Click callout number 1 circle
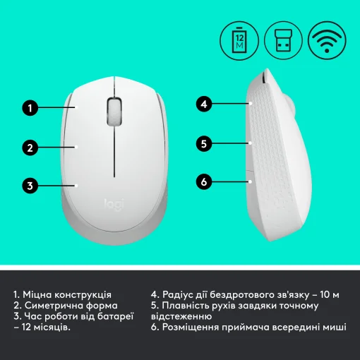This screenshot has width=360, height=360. click(x=30, y=108)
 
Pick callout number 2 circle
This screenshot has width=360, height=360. click(x=30, y=148)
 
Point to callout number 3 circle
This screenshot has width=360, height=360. click(x=30, y=186)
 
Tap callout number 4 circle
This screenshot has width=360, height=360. click(x=203, y=104)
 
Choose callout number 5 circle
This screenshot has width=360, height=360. click(x=203, y=143)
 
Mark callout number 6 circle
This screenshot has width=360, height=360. click(x=203, y=182)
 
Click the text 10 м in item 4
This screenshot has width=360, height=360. click(x=329, y=294)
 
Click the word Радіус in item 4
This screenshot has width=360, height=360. click(x=180, y=294)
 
